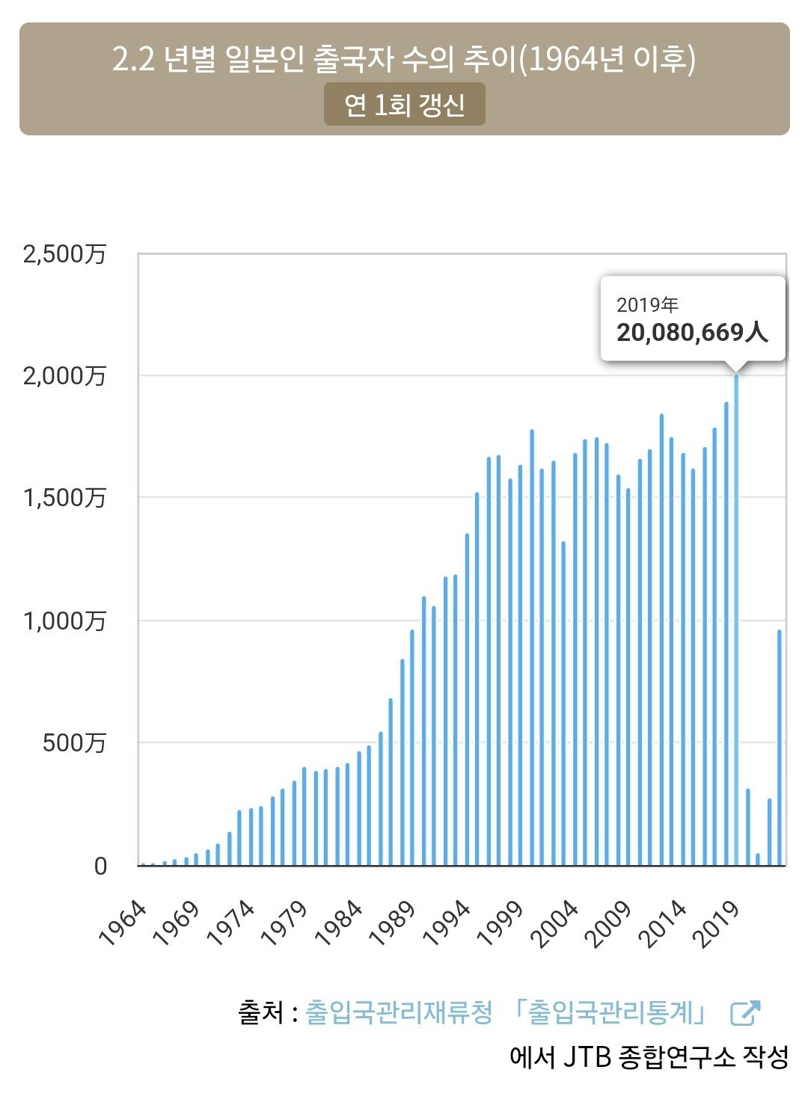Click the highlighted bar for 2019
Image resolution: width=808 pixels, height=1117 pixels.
[x=736, y=621]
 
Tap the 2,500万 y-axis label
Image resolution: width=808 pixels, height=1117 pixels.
[x=64, y=254]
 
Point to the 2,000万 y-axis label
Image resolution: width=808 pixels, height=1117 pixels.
[x=64, y=375]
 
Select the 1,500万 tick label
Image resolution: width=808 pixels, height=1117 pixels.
[x=64, y=497]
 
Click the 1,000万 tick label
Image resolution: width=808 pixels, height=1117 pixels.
[x=64, y=621]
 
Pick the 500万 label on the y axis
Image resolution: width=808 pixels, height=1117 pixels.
[x=74, y=742]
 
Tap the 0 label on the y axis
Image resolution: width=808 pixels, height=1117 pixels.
[x=100, y=866]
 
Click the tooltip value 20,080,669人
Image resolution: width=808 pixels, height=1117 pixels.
[x=692, y=332]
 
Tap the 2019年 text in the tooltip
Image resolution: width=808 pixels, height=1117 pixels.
[x=647, y=305]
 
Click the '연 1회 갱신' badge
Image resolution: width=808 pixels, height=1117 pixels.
[x=404, y=105]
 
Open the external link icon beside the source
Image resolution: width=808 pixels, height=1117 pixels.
[x=745, y=1013]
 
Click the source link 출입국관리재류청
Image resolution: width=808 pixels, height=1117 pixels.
[x=399, y=1013]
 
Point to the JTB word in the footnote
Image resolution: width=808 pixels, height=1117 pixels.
[x=587, y=1056]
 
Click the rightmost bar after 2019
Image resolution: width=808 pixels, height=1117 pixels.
[x=780, y=748]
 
